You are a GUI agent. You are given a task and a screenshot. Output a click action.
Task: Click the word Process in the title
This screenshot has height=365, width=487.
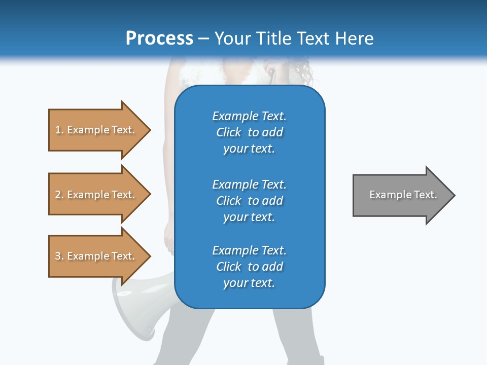tap(159, 39)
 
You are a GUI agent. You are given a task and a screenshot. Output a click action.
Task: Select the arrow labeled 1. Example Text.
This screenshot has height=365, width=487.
tap(96, 130)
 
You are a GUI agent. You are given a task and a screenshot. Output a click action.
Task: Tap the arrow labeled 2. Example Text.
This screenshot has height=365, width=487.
tap(96, 195)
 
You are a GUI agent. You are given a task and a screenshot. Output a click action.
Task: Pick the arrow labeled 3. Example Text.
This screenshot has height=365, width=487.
tap(96, 256)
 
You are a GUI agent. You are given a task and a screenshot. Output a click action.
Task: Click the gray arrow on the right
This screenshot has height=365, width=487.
tap(401, 195)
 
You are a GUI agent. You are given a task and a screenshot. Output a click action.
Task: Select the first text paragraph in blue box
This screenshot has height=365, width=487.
tap(249, 132)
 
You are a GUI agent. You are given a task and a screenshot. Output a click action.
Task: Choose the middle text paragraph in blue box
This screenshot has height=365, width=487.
tap(249, 201)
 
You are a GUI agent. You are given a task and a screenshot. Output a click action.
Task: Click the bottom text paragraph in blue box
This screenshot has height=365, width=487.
tap(249, 267)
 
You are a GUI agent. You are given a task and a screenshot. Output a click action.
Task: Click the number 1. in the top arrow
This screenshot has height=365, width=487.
tap(59, 130)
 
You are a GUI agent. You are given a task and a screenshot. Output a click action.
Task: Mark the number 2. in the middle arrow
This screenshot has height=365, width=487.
tap(59, 195)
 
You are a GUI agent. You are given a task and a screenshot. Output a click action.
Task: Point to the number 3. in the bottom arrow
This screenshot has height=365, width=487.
tap(59, 256)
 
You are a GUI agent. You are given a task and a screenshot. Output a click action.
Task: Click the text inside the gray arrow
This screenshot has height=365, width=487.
tap(403, 195)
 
